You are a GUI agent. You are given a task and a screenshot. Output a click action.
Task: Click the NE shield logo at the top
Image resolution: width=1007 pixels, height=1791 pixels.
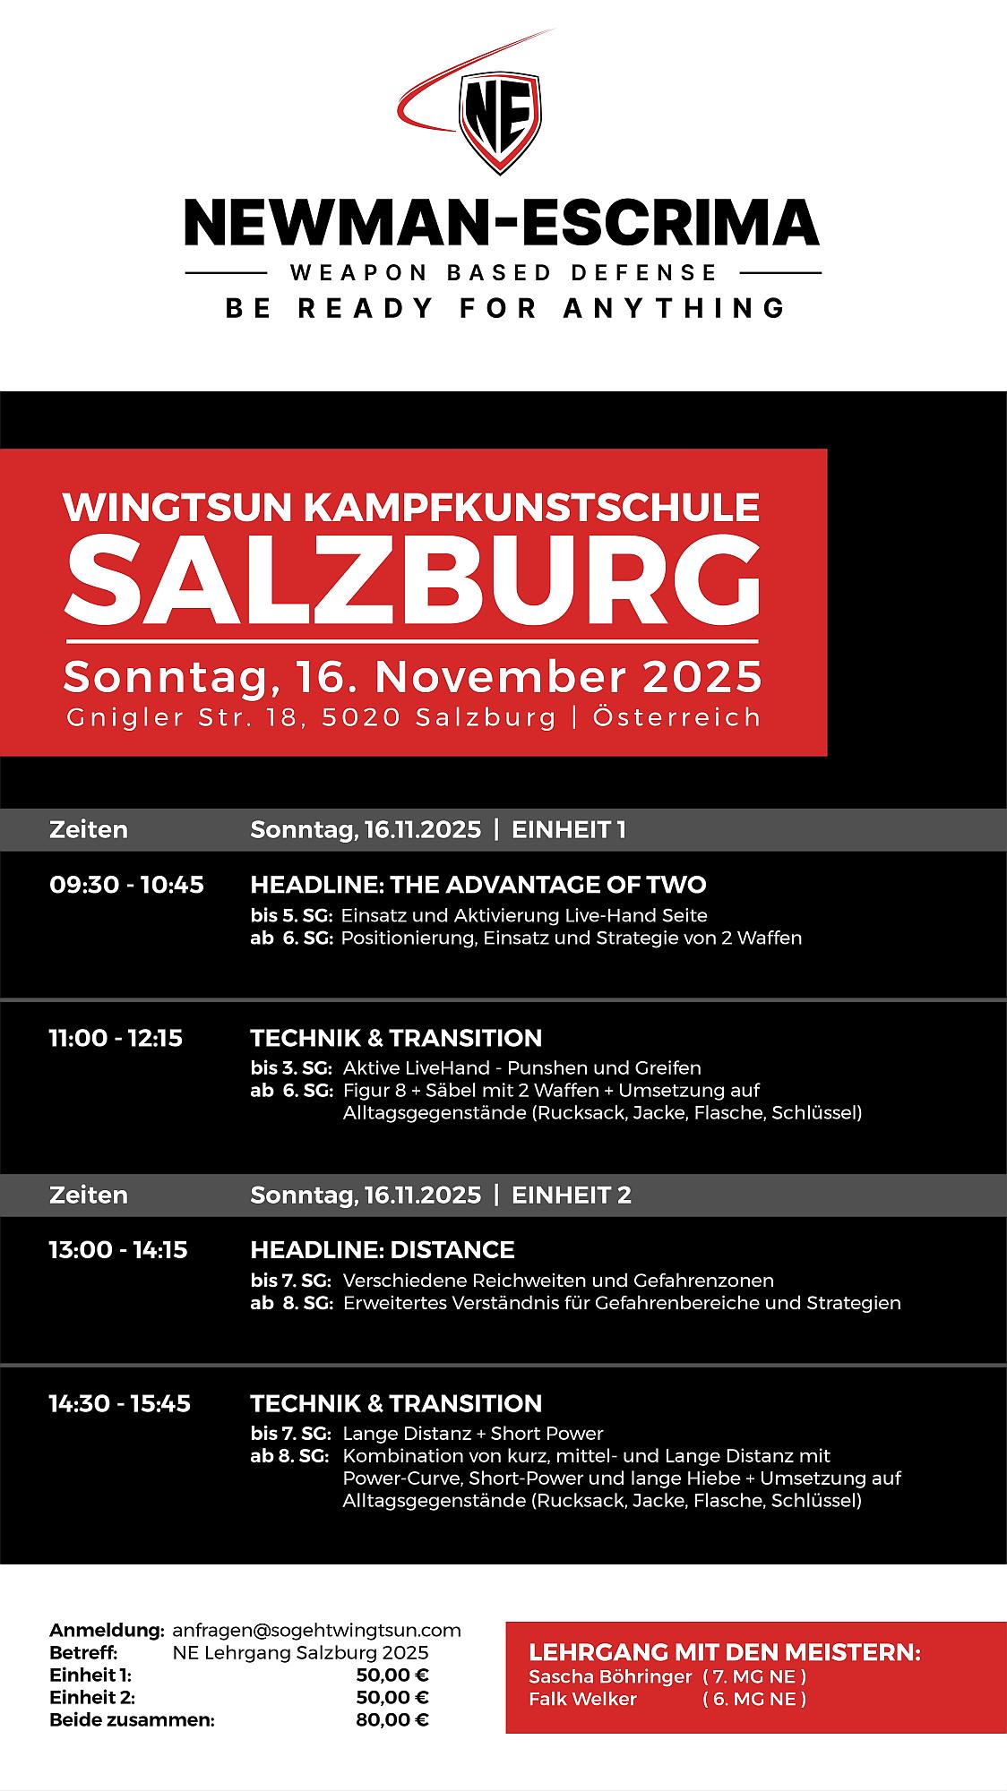click(x=500, y=122)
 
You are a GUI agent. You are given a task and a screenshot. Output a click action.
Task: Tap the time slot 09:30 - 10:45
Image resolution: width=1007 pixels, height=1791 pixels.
click(x=126, y=885)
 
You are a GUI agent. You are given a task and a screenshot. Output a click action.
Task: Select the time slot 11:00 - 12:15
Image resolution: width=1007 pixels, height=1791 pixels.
click(x=116, y=1038)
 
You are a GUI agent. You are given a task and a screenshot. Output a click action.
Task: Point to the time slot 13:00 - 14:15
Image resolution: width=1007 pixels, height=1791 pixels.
click(x=118, y=1249)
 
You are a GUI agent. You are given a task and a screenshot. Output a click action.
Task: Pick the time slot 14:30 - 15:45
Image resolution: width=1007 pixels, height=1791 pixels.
click(x=119, y=1403)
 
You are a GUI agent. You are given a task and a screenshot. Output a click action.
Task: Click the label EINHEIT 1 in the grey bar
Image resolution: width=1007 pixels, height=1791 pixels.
click(x=568, y=829)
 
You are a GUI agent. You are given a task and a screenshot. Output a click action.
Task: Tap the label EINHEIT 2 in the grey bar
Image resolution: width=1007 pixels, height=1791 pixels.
click(x=571, y=1195)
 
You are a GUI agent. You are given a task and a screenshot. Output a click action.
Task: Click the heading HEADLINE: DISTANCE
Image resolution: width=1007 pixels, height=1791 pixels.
click(x=383, y=1249)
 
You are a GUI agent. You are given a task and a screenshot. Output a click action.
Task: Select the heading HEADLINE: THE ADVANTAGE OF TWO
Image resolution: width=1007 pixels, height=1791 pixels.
click(x=478, y=885)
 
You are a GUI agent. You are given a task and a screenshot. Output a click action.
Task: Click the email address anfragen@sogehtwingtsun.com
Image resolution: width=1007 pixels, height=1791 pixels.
click(x=316, y=1630)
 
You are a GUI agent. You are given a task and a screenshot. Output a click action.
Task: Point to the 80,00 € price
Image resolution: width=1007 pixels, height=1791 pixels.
click(x=392, y=1719)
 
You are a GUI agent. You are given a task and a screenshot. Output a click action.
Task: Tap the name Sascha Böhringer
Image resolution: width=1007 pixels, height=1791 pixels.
click(x=610, y=1676)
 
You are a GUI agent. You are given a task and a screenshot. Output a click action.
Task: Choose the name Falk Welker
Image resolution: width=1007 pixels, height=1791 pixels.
click(x=583, y=1699)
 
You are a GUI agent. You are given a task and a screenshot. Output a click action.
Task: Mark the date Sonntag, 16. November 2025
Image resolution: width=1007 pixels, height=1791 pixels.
click(x=413, y=677)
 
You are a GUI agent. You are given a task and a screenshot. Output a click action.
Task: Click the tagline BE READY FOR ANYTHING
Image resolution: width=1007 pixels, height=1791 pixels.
click(x=505, y=308)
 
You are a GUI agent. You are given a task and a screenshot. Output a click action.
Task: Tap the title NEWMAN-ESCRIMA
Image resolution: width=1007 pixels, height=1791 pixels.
click(x=502, y=223)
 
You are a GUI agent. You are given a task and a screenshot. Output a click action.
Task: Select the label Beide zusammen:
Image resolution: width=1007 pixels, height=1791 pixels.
click(x=132, y=1719)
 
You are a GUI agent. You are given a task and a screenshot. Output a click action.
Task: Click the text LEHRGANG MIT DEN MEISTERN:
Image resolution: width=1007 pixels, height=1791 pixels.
click(x=725, y=1652)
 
